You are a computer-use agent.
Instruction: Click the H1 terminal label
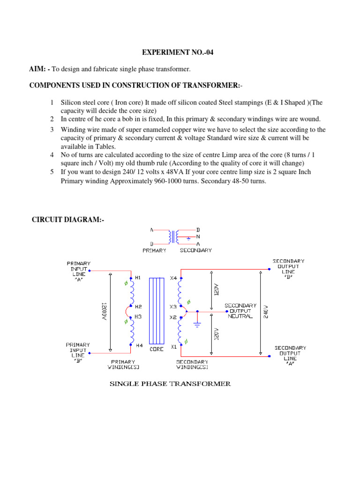[x=138, y=278]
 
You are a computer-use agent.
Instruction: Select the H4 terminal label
[x=139, y=345]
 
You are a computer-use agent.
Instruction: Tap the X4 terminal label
[x=173, y=278]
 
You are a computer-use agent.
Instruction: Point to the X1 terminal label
[x=173, y=347]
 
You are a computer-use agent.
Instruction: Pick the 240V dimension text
[x=266, y=312]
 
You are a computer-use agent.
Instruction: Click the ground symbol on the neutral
[x=197, y=323]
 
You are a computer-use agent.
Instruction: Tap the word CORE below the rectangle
[x=157, y=349]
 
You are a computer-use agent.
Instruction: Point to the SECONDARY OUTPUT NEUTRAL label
[x=240, y=310]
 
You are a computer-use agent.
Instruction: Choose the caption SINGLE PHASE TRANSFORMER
[x=170, y=384]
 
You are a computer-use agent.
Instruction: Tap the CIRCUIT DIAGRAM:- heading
[x=67, y=219]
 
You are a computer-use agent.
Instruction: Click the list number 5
[x=52, y=172]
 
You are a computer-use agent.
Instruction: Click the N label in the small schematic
[x=198, y=237]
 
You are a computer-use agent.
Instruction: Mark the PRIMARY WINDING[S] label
[x=123, y=365]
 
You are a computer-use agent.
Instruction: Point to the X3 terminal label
[x=173, y=307]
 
